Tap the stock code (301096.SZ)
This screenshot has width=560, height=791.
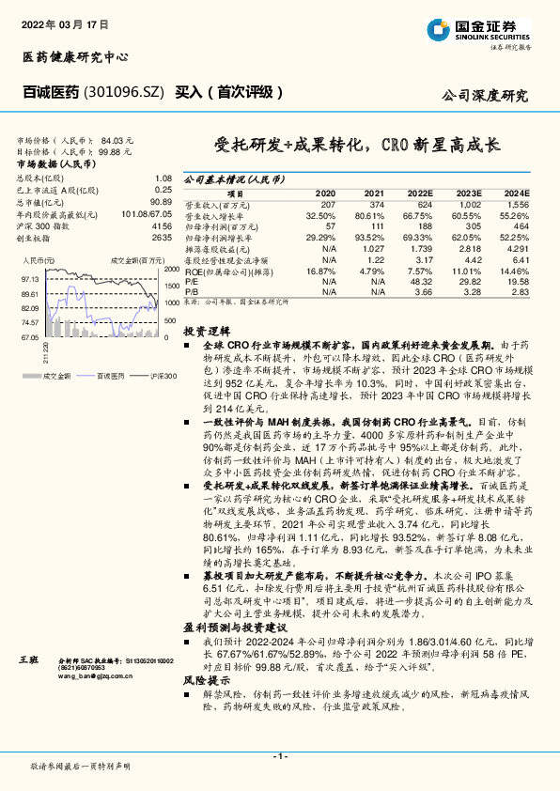pyautogui.click(x=125, y=92)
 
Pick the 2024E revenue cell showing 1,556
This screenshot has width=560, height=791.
pyautogui.click(x=517, y=204)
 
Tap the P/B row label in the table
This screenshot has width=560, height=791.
pyautogui.click(x=192, y=292)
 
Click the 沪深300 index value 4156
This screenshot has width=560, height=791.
pyautogui.click(x=161, y=227)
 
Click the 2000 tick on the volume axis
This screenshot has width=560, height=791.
pyautogui.click(x=171, y=270)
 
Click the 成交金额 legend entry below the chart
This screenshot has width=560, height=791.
pyautogui.click(x=57, y=376)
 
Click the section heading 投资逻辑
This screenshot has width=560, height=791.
pyautogui.click(x=206, y=332)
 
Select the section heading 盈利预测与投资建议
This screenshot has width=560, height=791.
pyautogui.click(x=232, y=625)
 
